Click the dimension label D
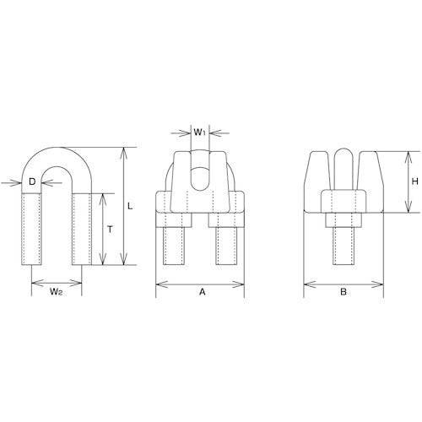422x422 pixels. pos(32,182)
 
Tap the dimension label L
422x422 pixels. pos(130,207)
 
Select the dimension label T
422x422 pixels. pos(111,230)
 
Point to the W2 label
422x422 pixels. pos(56,292)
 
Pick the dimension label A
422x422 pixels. pos(203,292)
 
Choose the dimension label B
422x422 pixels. pos(344,292)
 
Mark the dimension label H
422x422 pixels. pos(415,181)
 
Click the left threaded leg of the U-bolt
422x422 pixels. pos(32,229)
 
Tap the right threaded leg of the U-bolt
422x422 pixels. pos(82,229)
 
